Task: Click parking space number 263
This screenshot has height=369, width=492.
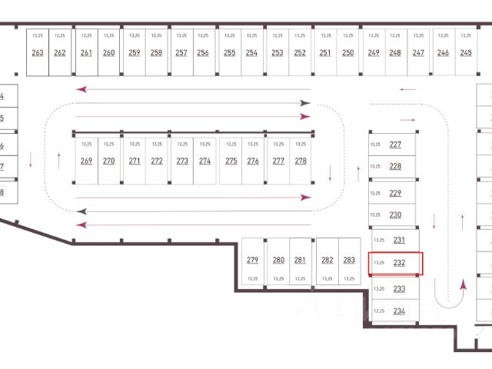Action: point(38,52)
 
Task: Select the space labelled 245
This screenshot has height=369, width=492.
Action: point(466,52)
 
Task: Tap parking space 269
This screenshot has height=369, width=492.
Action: point(86,161)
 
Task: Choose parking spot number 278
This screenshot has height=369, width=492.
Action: point(301,161)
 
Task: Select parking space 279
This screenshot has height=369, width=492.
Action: point(253,260)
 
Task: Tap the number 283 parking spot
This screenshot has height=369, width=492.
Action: point(349,260)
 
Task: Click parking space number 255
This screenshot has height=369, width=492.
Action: point(230,52)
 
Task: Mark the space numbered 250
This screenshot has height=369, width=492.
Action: point(348,52)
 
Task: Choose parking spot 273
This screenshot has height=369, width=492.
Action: point(182,161)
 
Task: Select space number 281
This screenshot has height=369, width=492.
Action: point(301,260)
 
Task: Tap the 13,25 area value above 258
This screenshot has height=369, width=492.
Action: point(156,36)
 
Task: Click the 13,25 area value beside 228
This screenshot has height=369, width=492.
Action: point(375,166)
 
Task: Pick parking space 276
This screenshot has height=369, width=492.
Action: point(253,161)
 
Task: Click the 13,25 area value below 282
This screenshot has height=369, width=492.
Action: point(327,278)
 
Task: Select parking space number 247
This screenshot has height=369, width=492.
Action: point(418,52)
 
